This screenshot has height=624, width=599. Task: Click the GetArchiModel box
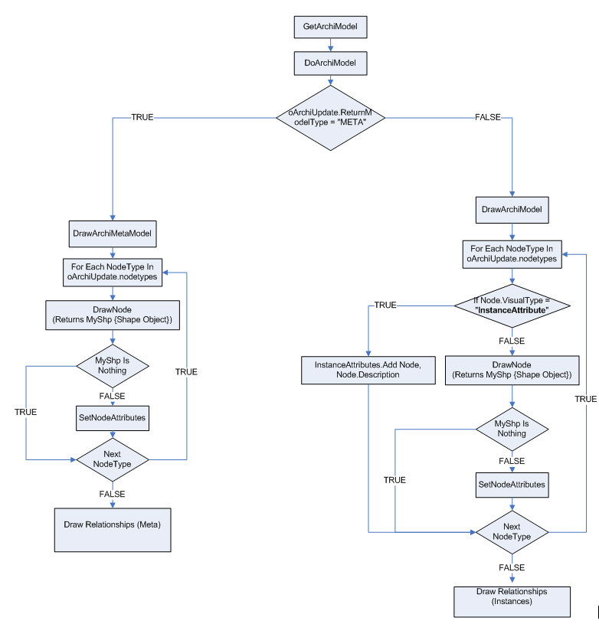click(330, 27)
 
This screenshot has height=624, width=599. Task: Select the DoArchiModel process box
click(330, 61)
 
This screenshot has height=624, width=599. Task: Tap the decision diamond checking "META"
click(330, 118)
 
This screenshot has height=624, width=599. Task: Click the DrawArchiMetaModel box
click(113, 234)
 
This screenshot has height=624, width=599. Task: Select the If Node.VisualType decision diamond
click(512, 305)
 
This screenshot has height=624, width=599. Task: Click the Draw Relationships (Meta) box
click(113, 528)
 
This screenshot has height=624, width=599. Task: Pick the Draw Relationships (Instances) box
click(512, 602)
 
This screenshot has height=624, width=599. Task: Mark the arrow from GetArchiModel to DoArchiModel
click(330, 44)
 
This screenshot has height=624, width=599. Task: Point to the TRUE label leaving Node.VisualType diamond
click(386, 305)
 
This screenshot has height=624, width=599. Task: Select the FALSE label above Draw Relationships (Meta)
click(112, 494)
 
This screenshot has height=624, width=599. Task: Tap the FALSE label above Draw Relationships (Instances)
click(512, 567)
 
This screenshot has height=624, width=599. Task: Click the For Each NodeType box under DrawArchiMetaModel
click(113, 272)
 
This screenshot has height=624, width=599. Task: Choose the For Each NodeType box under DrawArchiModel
click(512, 254)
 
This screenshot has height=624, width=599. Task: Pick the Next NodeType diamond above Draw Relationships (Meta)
click(112, 459)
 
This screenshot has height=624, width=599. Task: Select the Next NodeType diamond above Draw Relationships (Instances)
click(512, 532)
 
